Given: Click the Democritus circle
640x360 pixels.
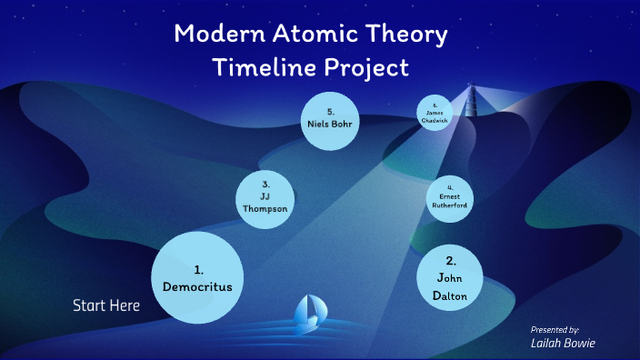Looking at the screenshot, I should tap(197, 277).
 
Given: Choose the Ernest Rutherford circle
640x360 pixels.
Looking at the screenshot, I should tap(450, 199).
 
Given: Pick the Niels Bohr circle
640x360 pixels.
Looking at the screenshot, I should tap(331, 121).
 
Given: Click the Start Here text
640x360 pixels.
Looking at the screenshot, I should tap(106, 305).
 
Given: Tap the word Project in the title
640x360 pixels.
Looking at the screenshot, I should tap(367, 68).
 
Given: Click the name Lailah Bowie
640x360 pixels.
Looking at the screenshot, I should tap(563, 344).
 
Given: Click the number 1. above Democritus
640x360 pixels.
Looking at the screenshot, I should tap(198, 270).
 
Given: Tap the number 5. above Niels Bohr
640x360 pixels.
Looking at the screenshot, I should tap(331, 110).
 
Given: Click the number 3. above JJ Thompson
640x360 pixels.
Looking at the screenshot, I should tap(265, 185).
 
